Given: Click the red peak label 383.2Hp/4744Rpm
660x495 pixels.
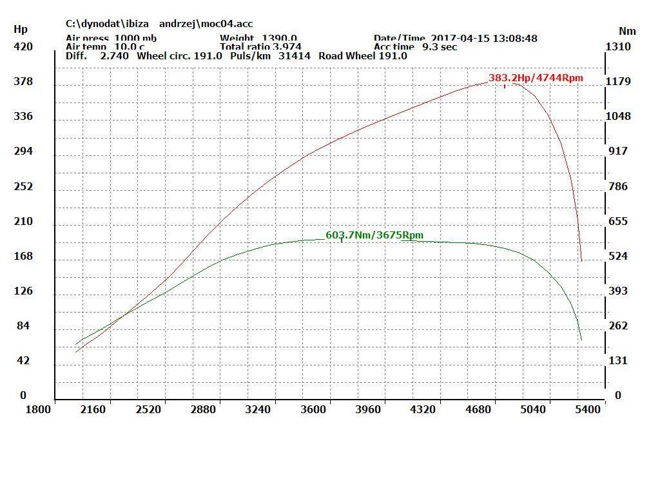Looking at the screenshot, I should tap(536, 78).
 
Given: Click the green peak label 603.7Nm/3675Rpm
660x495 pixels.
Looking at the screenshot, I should tap(374, 235).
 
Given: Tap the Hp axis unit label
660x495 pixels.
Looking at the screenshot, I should tap(21, 30).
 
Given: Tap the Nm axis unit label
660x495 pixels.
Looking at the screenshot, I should tap(627, 31).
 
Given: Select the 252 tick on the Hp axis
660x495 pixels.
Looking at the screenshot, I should tap(23, 186).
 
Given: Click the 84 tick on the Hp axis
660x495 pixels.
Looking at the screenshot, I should tap(23, 325).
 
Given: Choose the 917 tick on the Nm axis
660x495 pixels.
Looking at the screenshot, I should tap(618, 151).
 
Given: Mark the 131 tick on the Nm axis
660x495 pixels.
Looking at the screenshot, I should tap(618, 360).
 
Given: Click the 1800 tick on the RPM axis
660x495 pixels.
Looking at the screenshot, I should tap(39, 409).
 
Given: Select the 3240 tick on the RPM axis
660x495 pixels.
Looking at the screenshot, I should tap(258, 409).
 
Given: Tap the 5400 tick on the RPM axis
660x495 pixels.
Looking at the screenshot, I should tap(588, 409).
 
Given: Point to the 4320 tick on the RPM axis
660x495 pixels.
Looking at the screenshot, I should tap(423, 409).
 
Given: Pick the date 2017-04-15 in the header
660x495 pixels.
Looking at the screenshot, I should tap(460, 39).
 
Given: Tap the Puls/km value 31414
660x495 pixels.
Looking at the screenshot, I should tap(295, 56).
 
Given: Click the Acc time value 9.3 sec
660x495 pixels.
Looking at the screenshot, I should tap(440, 47).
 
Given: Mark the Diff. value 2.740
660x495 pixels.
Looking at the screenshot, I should tap(115, 56).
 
